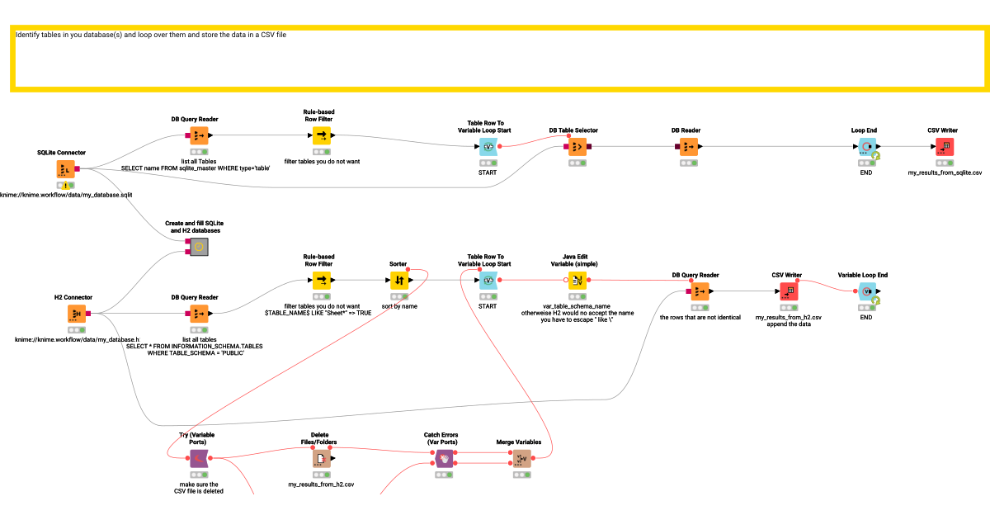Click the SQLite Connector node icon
[x=66, y=169]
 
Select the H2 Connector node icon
[x=77, y=314]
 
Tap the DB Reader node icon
[x=690, y=146]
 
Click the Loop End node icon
[x=867, y=146]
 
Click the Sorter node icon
[x=399, y=280]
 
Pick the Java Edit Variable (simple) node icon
[x=577, y=280]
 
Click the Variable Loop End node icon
[x=866, y=291]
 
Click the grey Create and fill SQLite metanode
[x=200, y=246]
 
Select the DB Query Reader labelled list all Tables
[x=200, y=135]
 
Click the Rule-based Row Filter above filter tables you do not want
[x=322, y=135]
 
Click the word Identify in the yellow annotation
[x=29, y=35]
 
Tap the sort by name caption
[x=399, y=306]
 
